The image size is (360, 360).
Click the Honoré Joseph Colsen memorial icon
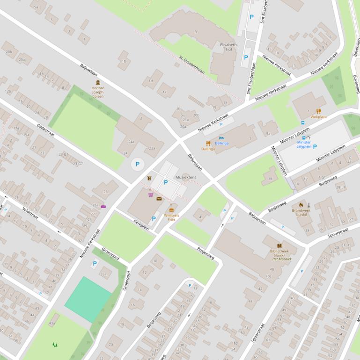(x=98, y=82)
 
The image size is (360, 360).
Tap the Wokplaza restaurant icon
(x=318, y=111)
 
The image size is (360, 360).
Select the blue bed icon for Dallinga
(x=221, y=138)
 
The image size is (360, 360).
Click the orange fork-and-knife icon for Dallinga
(x=208, y=144)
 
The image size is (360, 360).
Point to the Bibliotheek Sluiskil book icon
(x=280, y=245)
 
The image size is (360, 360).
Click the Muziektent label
(x=185, y=178)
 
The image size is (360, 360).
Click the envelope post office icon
(x=159, y=199)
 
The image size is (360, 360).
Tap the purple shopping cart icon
(x=151, y=194)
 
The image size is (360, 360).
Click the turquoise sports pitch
(x=88, y=299)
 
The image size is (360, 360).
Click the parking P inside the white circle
(x=137, y=164)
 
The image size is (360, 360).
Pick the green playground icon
(x=55, y=345)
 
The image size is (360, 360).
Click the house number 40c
(x=268, y=276)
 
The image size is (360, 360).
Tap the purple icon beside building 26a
(x=103, y=207)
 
